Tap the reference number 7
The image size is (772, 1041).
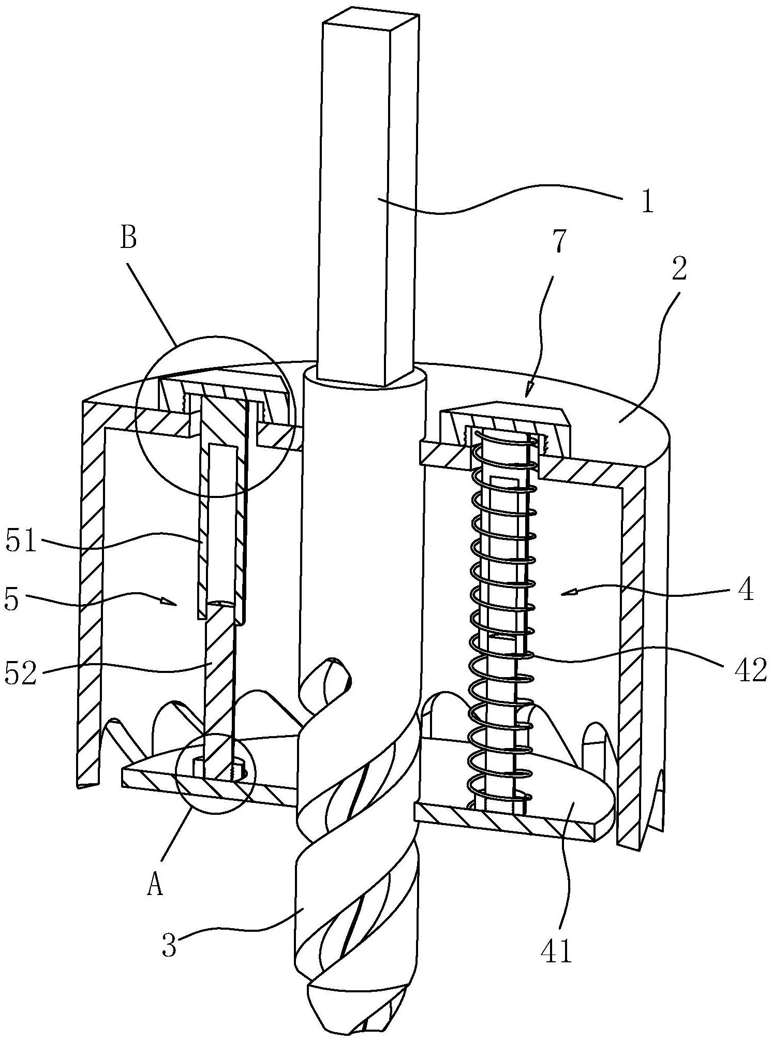(x=561, y=239)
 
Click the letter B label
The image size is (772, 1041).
(x=128, y=239)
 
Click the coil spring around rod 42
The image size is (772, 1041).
(x=501, y=621)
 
